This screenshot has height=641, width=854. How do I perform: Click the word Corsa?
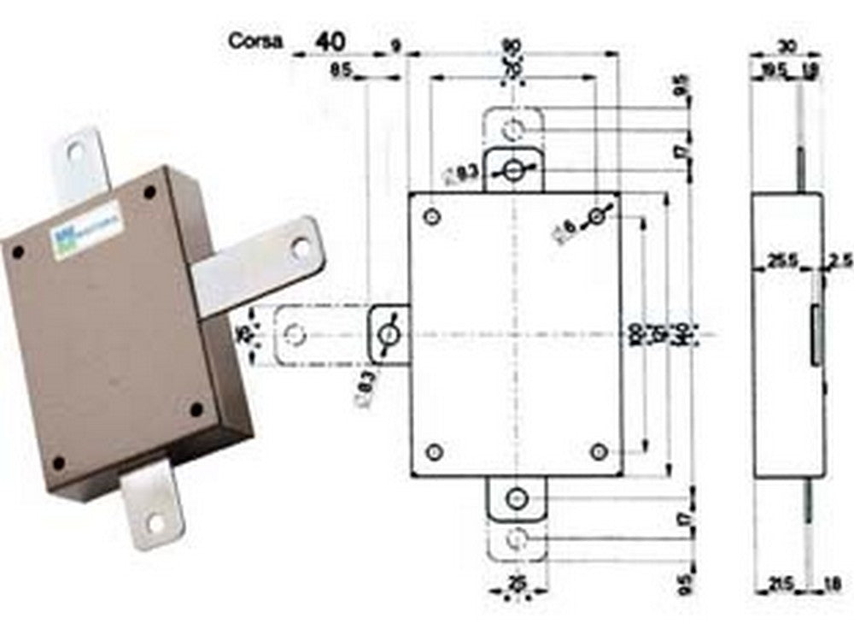click(x=255, y=41)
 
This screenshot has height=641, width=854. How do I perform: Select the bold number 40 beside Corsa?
click(x=333, y=41)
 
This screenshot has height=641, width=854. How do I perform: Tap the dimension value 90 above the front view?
click(x=512, y=44)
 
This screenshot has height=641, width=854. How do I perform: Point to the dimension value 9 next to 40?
click(x=396, y=44)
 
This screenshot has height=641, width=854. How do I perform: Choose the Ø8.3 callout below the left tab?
click(x=362, y=391)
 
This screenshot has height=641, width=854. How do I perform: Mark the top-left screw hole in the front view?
click(x=433, y=216)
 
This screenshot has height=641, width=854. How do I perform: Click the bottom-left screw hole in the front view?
click(x=435, y=451)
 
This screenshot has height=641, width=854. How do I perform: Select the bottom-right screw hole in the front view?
click(x=599, y=451)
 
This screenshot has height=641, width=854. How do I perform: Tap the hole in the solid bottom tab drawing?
click(x=516, y=498)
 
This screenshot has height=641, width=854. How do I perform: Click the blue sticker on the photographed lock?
click(x=87, y=226)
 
